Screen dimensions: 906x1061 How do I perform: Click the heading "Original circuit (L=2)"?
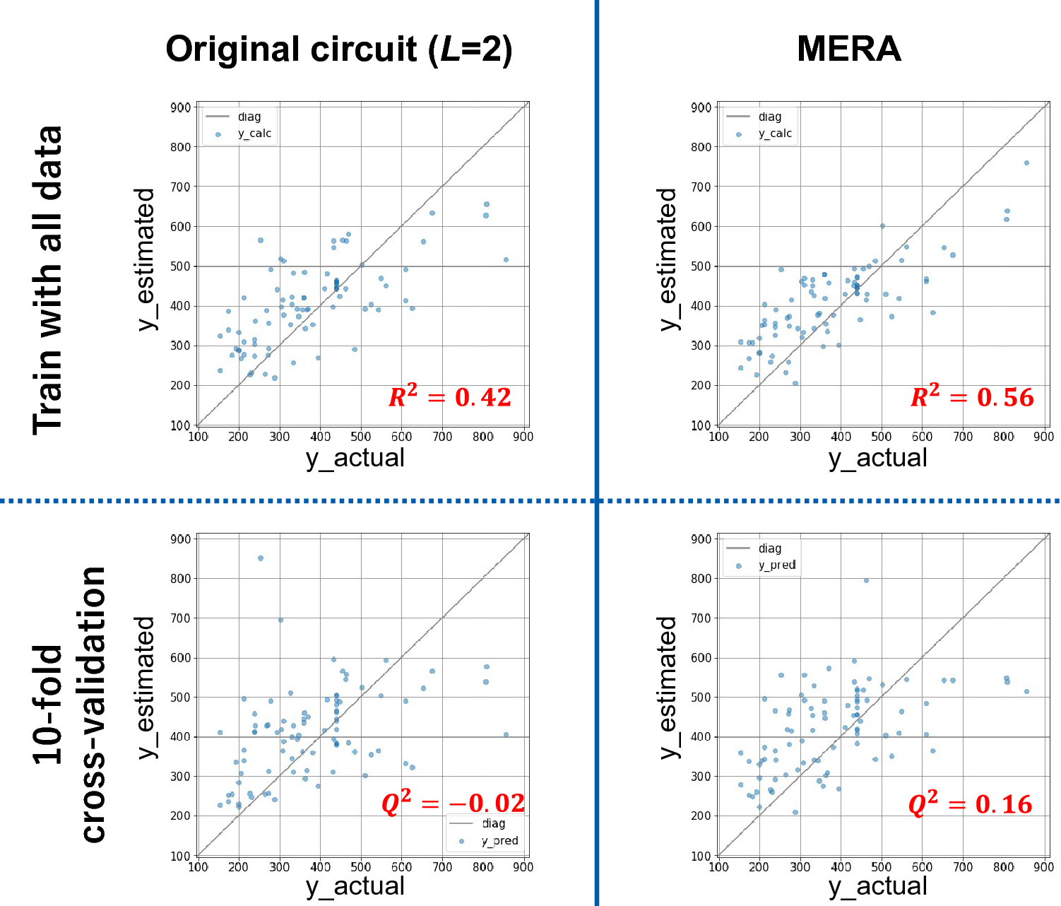click(339, 49)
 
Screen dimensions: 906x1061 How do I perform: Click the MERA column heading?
click(848, 49)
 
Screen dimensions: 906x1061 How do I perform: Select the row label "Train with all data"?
click(48, 280)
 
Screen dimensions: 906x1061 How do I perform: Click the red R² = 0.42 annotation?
click(449, 397)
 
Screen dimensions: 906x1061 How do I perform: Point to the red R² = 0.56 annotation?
click(971, 397)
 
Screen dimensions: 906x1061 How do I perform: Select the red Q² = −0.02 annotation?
click(453, 804)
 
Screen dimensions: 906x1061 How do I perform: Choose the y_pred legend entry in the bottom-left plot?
click(499, 841)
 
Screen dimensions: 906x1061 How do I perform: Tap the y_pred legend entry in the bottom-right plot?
click(776, 565)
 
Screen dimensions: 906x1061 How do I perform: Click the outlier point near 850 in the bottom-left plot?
click(261, 558)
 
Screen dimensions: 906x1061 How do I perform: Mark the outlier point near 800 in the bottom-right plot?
click(866, 580)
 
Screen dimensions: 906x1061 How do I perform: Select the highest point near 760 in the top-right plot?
click(1026, 163)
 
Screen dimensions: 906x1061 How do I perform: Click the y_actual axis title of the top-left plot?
click(355, 458)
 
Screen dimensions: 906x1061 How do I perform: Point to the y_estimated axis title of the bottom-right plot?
click(668, 687)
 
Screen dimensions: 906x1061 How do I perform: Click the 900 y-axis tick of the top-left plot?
click(181, 107)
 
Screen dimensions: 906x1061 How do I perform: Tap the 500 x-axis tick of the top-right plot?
click(882, 437)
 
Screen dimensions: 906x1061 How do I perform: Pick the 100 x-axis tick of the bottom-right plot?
click(718, 867)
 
